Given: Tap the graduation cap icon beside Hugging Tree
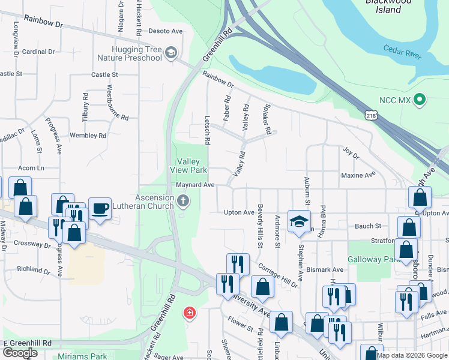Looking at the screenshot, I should click(172, 53).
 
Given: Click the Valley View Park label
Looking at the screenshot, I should click(191, 166).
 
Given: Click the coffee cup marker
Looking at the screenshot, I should click(100, 209).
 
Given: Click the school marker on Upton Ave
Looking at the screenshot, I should click(298, 221).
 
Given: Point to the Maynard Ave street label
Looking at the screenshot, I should click(195, 185).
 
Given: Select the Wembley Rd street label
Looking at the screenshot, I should click(88, 136).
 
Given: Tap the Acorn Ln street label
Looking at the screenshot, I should click(31, 168).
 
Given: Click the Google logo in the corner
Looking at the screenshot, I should click(20, 353).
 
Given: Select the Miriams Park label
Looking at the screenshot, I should click(82, 356).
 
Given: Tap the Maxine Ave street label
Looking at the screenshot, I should click(358, 175).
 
